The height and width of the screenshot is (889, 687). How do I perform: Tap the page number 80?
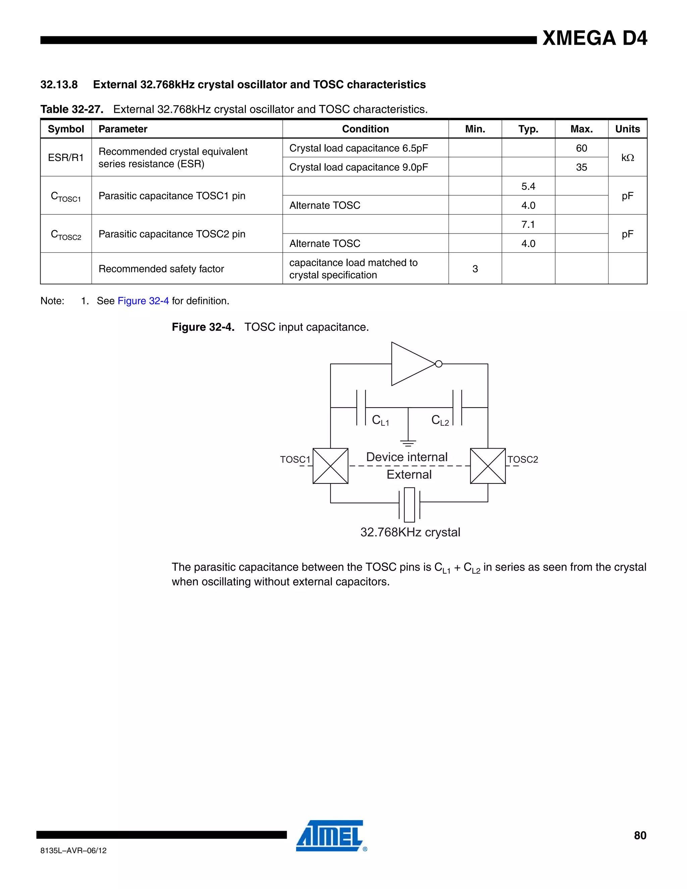640,835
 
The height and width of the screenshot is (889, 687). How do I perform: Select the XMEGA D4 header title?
595,39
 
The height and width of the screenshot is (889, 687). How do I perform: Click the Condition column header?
365,129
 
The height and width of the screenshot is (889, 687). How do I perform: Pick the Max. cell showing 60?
581,148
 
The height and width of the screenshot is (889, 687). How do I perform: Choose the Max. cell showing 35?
581,167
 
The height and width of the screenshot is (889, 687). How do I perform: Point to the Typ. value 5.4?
528,187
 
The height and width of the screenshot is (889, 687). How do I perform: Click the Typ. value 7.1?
528,224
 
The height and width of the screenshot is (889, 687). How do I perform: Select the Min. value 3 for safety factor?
475,269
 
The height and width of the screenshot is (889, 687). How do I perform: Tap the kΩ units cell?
627,158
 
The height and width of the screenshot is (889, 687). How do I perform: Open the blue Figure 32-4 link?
143,301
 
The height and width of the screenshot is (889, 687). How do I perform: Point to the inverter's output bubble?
439,364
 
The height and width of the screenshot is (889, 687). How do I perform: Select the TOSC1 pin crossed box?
330,466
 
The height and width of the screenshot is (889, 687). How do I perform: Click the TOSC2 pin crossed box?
487,466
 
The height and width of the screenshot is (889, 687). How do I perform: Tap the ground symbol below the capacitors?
408,443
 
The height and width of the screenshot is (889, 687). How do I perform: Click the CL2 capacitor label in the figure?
440,420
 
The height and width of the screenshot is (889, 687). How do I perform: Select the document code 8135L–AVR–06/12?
73,850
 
